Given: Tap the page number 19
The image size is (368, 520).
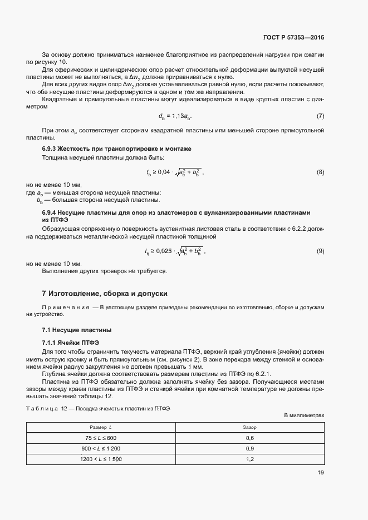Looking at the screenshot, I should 320,473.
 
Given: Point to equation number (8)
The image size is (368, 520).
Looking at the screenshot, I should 320,172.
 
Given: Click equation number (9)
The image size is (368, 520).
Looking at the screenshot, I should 320,251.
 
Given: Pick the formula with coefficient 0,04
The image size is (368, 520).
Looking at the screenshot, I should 175,172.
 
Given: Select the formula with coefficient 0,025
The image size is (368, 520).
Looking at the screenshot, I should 175,251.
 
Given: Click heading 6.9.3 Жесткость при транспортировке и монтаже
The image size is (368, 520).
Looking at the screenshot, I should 116,149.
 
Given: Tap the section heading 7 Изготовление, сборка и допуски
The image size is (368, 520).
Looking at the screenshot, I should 105,293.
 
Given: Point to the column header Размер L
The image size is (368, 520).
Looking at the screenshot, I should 101,427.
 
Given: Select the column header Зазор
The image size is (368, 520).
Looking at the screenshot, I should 249,427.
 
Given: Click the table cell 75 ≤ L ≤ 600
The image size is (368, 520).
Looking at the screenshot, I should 101,438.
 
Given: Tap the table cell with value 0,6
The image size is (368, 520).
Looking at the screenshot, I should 249,438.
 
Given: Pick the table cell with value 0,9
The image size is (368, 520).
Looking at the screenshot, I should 249,448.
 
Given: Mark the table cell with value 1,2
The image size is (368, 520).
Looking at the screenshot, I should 249,459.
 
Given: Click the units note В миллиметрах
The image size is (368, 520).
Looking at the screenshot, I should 303,415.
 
